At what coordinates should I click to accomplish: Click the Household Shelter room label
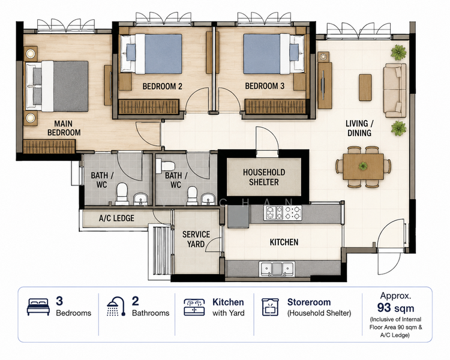pyautogui.click(x=264, y=177)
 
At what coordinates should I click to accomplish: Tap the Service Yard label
pyautogui.click(x=196, y=239)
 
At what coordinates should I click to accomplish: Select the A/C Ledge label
pyautogui.click(x=116, y=218)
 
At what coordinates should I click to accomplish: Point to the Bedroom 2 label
pyautogui.click(x=162, y=86)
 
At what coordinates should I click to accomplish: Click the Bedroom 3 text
pyautogui.click(x=265, y=86)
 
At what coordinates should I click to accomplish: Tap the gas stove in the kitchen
pyautogui.click(x=283, y=213)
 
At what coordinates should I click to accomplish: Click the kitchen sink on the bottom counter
pyautogui.click(x=277, y=269)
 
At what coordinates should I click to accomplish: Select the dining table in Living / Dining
pyautogui.click(x=364, y=167)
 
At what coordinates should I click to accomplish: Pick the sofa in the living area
pyautogui.click(x=395, y=91)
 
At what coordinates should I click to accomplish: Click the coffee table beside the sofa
pyautogui.click(x=365, y=87)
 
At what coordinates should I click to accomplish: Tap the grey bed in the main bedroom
pyautogui.click(x=57, y=86)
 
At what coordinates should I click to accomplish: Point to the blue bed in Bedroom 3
pyautogui.click(x=274, y=54)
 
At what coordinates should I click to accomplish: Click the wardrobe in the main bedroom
pyautogui.click(x=49, y=146)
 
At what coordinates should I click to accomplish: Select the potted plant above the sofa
pyautogui.click(x=398, y=52)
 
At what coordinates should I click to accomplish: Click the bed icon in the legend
pyautogui.click(x=38, y=307)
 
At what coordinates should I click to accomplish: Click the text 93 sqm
pyautogui.click(x=395, y=308)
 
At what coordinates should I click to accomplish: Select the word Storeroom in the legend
pyautogui.click(x=309, y=302)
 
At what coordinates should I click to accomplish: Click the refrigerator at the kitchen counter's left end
pyautogui.click(x=238, y=217)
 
